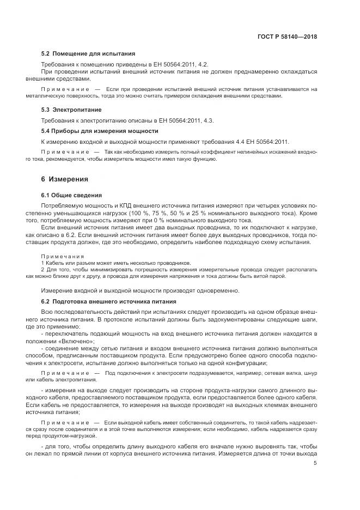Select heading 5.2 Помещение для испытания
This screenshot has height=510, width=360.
tap(88, 54)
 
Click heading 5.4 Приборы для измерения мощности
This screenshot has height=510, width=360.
tap(100, 131)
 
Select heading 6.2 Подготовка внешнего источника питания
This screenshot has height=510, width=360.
tap(112, 301)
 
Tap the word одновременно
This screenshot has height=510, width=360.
tap(217, 290)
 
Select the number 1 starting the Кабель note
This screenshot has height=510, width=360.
tap(42, 263)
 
